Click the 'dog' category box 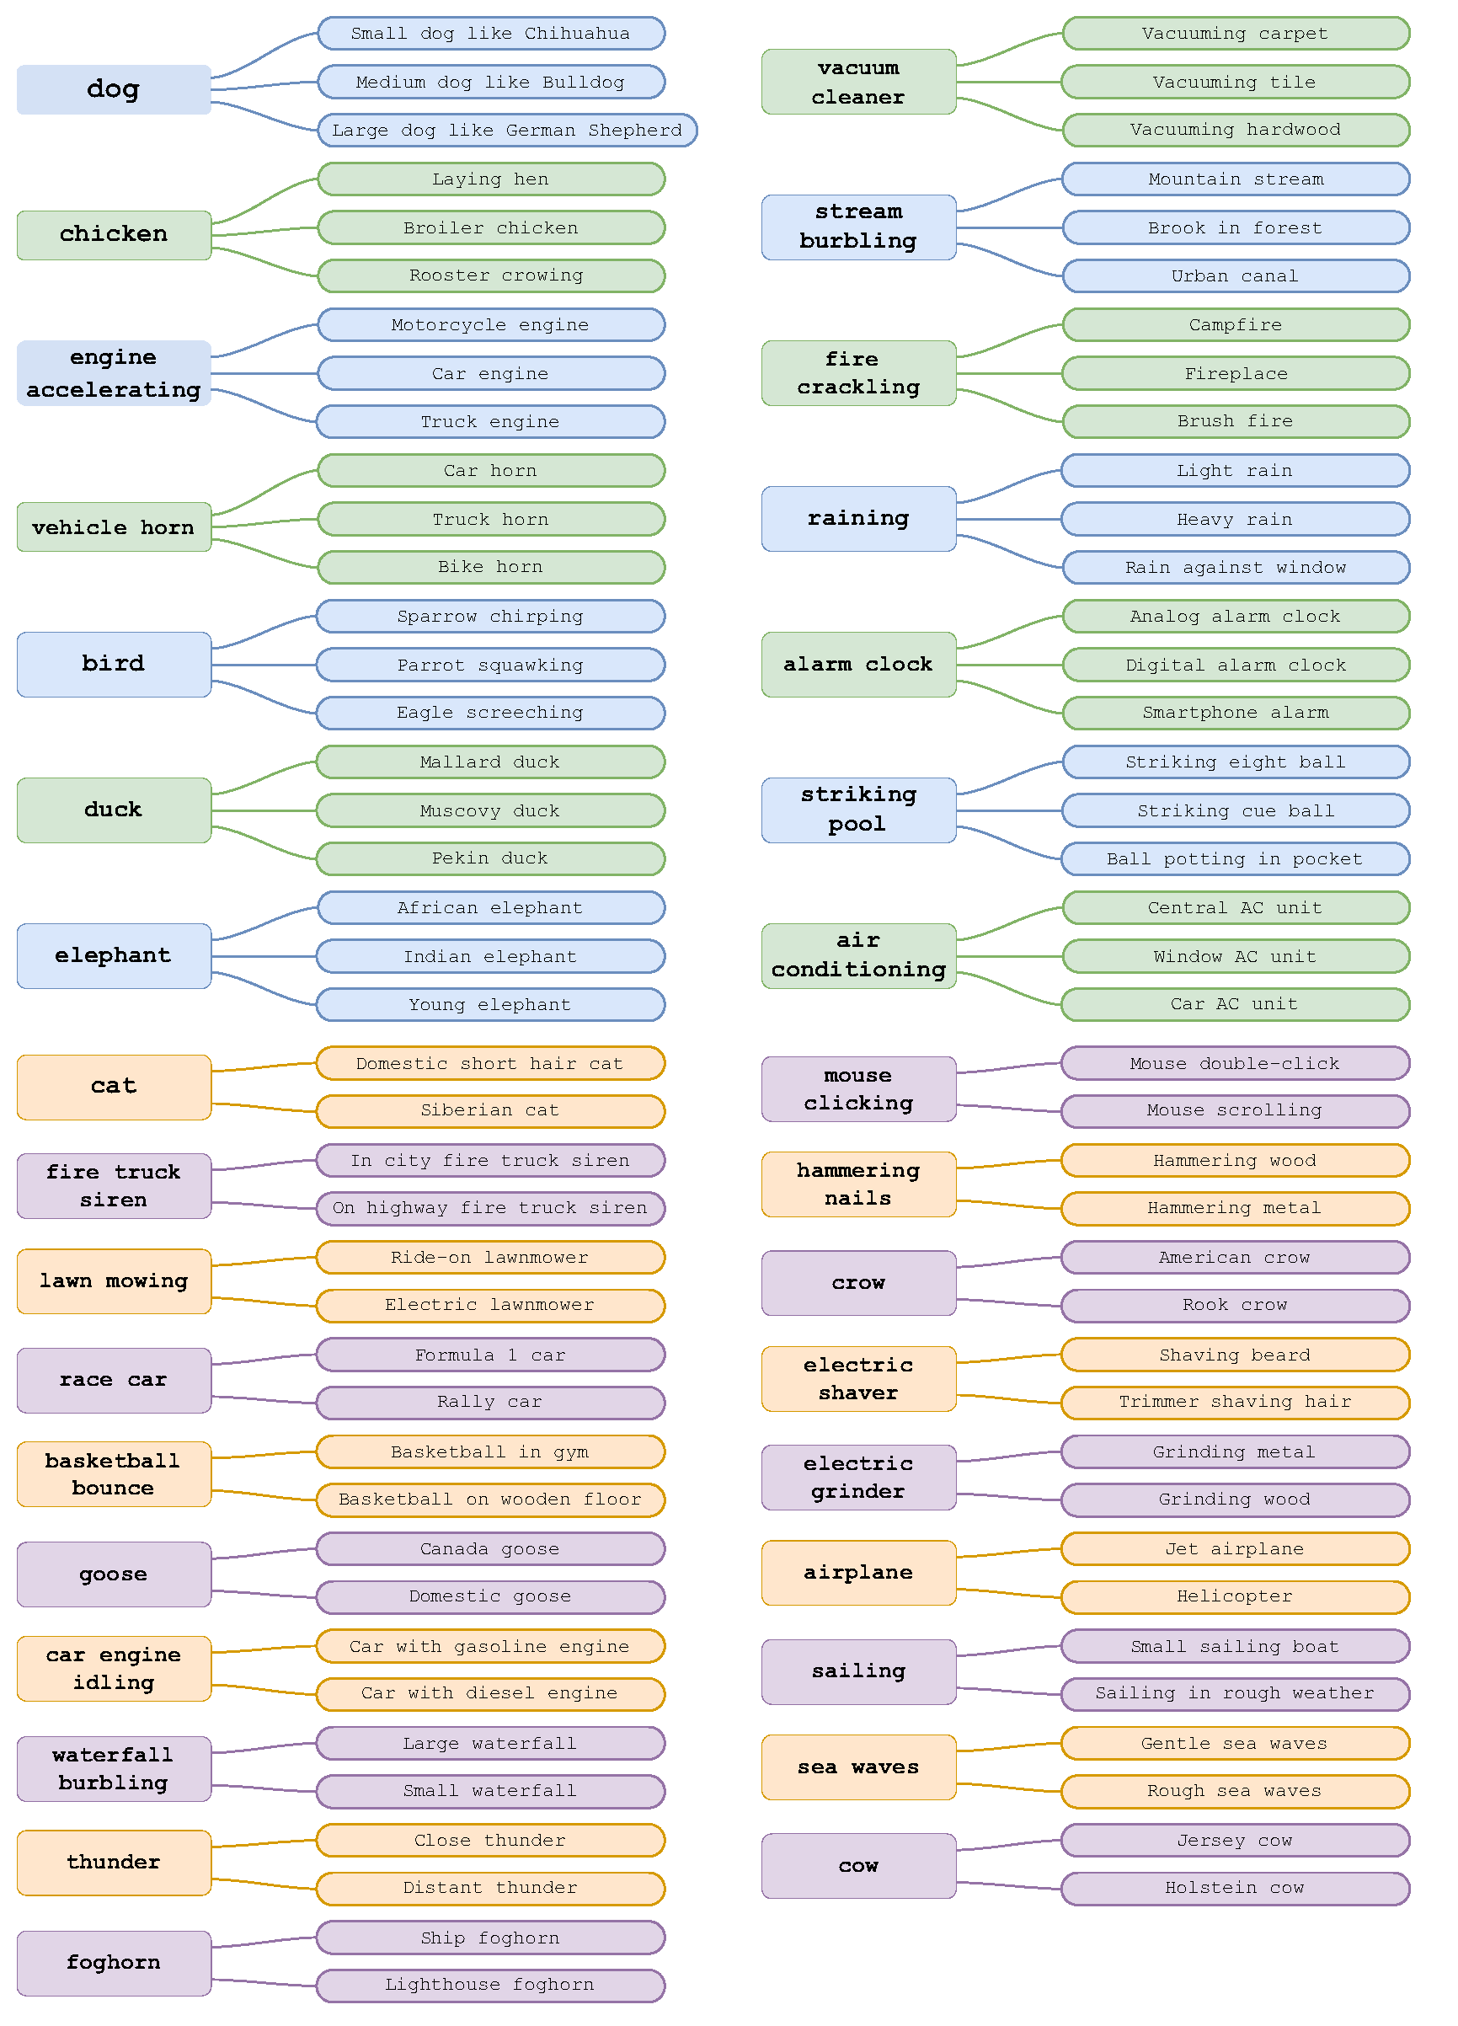(x=114, y=89)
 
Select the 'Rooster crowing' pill (x=491, y=276)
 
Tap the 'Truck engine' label (x=490, y=422)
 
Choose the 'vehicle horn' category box (x=114, y=527)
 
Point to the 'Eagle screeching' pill (x=490, y=713)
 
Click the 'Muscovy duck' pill (x=490, y=811)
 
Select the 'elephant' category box (x=114, y=956)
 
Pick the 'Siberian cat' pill (x=490, y=1111)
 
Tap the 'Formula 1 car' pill (x=490, y=1355)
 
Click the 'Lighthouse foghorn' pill (x=490, y=1986)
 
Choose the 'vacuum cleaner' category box (x=858, y=83)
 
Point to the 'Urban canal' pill (x=1236, y=276)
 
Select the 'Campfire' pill (x=1236, y=325)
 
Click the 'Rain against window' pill (x=1236, y=567)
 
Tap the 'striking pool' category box (x=858, y=810)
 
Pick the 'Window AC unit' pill (x=1236, y=957)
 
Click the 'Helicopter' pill (x=1236, y=1597)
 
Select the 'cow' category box (x=858, y=1866)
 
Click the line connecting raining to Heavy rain (x=1010, y=519)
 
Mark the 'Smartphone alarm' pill (x=1236, y=713)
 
